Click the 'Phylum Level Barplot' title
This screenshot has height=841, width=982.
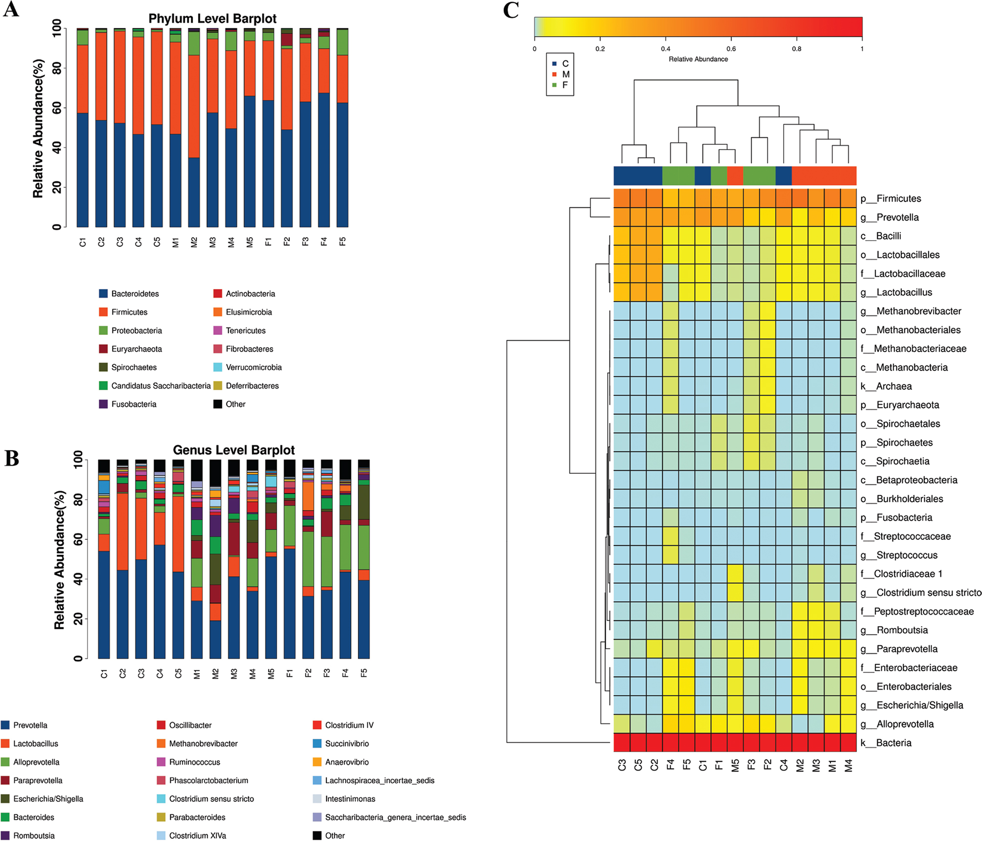click(x=212, y=19)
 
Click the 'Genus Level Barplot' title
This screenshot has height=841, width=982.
click(x=234, y=450)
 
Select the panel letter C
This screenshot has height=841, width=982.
click(x=511, y=10)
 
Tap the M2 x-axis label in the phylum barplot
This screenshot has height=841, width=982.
click(x=194, y=242)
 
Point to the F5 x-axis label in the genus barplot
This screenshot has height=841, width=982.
click(x=364, y=673)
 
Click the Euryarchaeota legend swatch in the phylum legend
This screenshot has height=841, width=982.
click(x=103, y=349)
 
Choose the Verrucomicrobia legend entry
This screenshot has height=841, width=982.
click(x=253, y=367)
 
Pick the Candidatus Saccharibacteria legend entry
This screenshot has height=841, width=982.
click(x=160, y=386)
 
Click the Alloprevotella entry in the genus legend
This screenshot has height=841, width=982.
click(x=36, y=762)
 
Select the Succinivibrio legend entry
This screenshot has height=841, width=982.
click(x=347, y=743)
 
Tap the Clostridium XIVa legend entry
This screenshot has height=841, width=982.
click(x=197, y=836)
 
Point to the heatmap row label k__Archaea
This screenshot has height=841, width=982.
click(x=894, y=386)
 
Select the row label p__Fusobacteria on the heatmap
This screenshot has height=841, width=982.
click(x=904, y=517)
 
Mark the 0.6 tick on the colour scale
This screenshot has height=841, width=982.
click(x=731, y=49)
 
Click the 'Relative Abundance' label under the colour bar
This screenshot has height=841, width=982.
click(x=698, y=59)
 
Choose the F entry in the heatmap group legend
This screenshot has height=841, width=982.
click(x=565, y=85)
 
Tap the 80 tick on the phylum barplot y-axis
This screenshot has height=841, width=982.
click(x=57, y=68)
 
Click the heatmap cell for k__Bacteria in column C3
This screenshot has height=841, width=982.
click(x=622, y=742)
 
